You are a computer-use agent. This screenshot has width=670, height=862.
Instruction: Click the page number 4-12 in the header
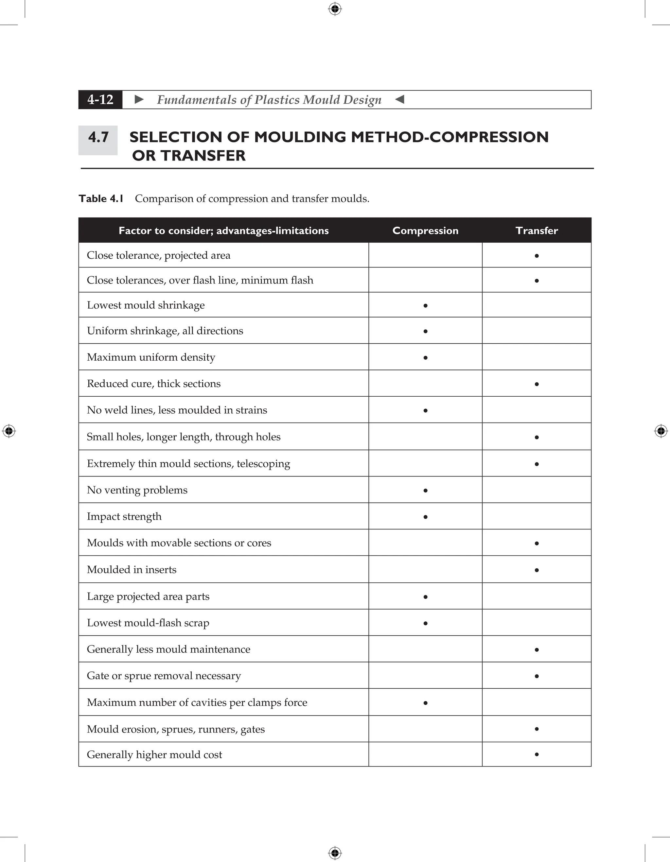pyautogui.click(x=100, y=99)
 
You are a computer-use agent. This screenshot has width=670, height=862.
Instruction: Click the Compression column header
pyautogui.click(x=425, y=231)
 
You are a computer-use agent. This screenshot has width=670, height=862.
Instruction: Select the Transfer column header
pyautogui.click(x=537, y=231)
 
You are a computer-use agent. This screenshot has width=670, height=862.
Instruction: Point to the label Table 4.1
pyautogui.click(x=101, y=198)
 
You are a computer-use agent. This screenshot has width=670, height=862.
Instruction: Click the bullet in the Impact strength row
pyautogui.click(x=425, y=517)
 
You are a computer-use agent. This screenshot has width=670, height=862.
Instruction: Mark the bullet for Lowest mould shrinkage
pyautogui.click(x=425, y=305)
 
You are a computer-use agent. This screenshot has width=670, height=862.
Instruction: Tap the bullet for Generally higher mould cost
pyautogui.click(x=537, y=754)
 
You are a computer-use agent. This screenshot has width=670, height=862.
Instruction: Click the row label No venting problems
pyautogui.click(x=137, y=490)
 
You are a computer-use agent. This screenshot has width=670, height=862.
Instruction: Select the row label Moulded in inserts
pyautogui.click(x=132, y=570)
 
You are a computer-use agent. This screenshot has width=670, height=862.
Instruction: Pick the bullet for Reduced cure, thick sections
pyautogui.click(x=537, y=384)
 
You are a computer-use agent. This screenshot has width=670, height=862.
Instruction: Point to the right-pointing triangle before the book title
pyautogui.click(x=139, y=99)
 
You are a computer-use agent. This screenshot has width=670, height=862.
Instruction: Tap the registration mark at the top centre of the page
pyautogui.click(x=335, y=9)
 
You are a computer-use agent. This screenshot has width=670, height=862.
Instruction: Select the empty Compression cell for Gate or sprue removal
pyautogui.click(x=425, y=675)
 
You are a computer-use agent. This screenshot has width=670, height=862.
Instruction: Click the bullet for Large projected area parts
pyautogui.click(x=425, y=597)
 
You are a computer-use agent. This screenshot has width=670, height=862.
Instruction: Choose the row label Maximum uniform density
pyautogui.click(x=151, y=357)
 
